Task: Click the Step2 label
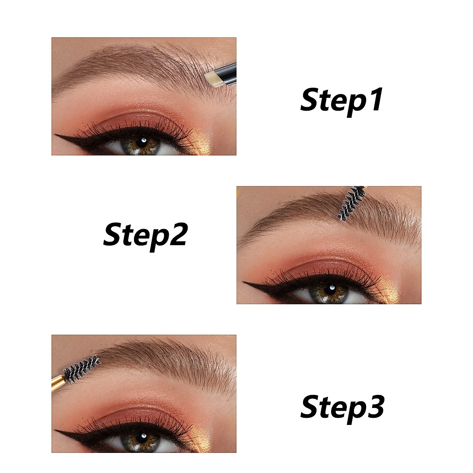coord(145,234)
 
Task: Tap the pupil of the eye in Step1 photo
coord(142,141)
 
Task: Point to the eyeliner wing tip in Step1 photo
coord(56,136)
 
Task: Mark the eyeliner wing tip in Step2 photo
coord(244,283)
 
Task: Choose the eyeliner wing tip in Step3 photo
coord(56,433)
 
